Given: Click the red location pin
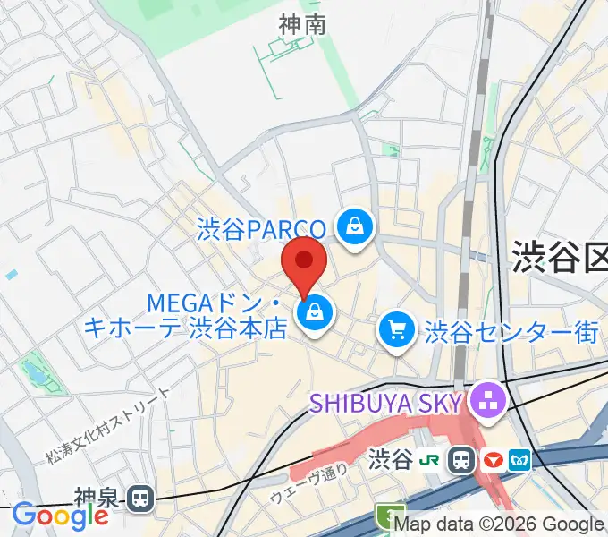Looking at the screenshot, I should (x=303, y=262).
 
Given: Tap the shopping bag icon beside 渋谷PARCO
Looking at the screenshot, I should (x=356, y=225).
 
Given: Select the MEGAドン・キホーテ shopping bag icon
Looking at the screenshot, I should (x=315, y=312).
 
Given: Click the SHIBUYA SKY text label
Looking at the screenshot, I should (x=386, y=401).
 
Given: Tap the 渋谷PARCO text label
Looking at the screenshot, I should (x=261, y=229).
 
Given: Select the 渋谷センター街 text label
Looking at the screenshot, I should (x=512, y=333).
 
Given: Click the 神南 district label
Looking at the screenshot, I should (x=301, y=27).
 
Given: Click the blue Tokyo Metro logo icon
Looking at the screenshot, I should (x=520, y=460).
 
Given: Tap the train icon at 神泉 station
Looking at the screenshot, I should (x=139, y=498).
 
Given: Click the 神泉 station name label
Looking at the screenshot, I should (x=97, y=498).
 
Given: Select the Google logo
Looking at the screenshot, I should (x=61, y=516).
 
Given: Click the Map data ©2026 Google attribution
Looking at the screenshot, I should (x=499, y=524).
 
